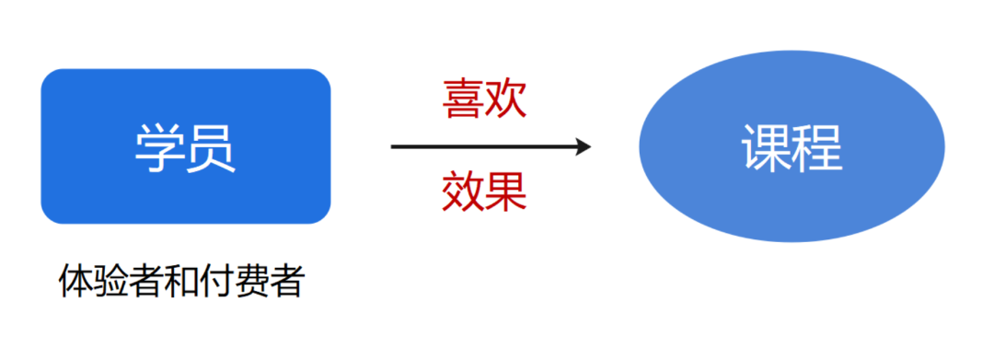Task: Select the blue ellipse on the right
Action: (x=792, y=147)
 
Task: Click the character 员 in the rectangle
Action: (x=212, y=147)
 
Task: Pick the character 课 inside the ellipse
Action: (x=766, y=147)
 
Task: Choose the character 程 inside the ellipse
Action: (x=817, y=147)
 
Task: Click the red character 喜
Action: (x=463, y=99)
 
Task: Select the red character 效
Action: (x=463, y=192)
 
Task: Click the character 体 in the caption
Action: (x=75, y=282)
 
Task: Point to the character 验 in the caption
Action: (x=110, y=282)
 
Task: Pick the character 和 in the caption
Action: (x=179, y=282)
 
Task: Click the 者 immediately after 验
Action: (x=144, y=282)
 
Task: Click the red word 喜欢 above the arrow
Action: (x=484, y=99)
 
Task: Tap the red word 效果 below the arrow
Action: (x=484, y=192)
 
